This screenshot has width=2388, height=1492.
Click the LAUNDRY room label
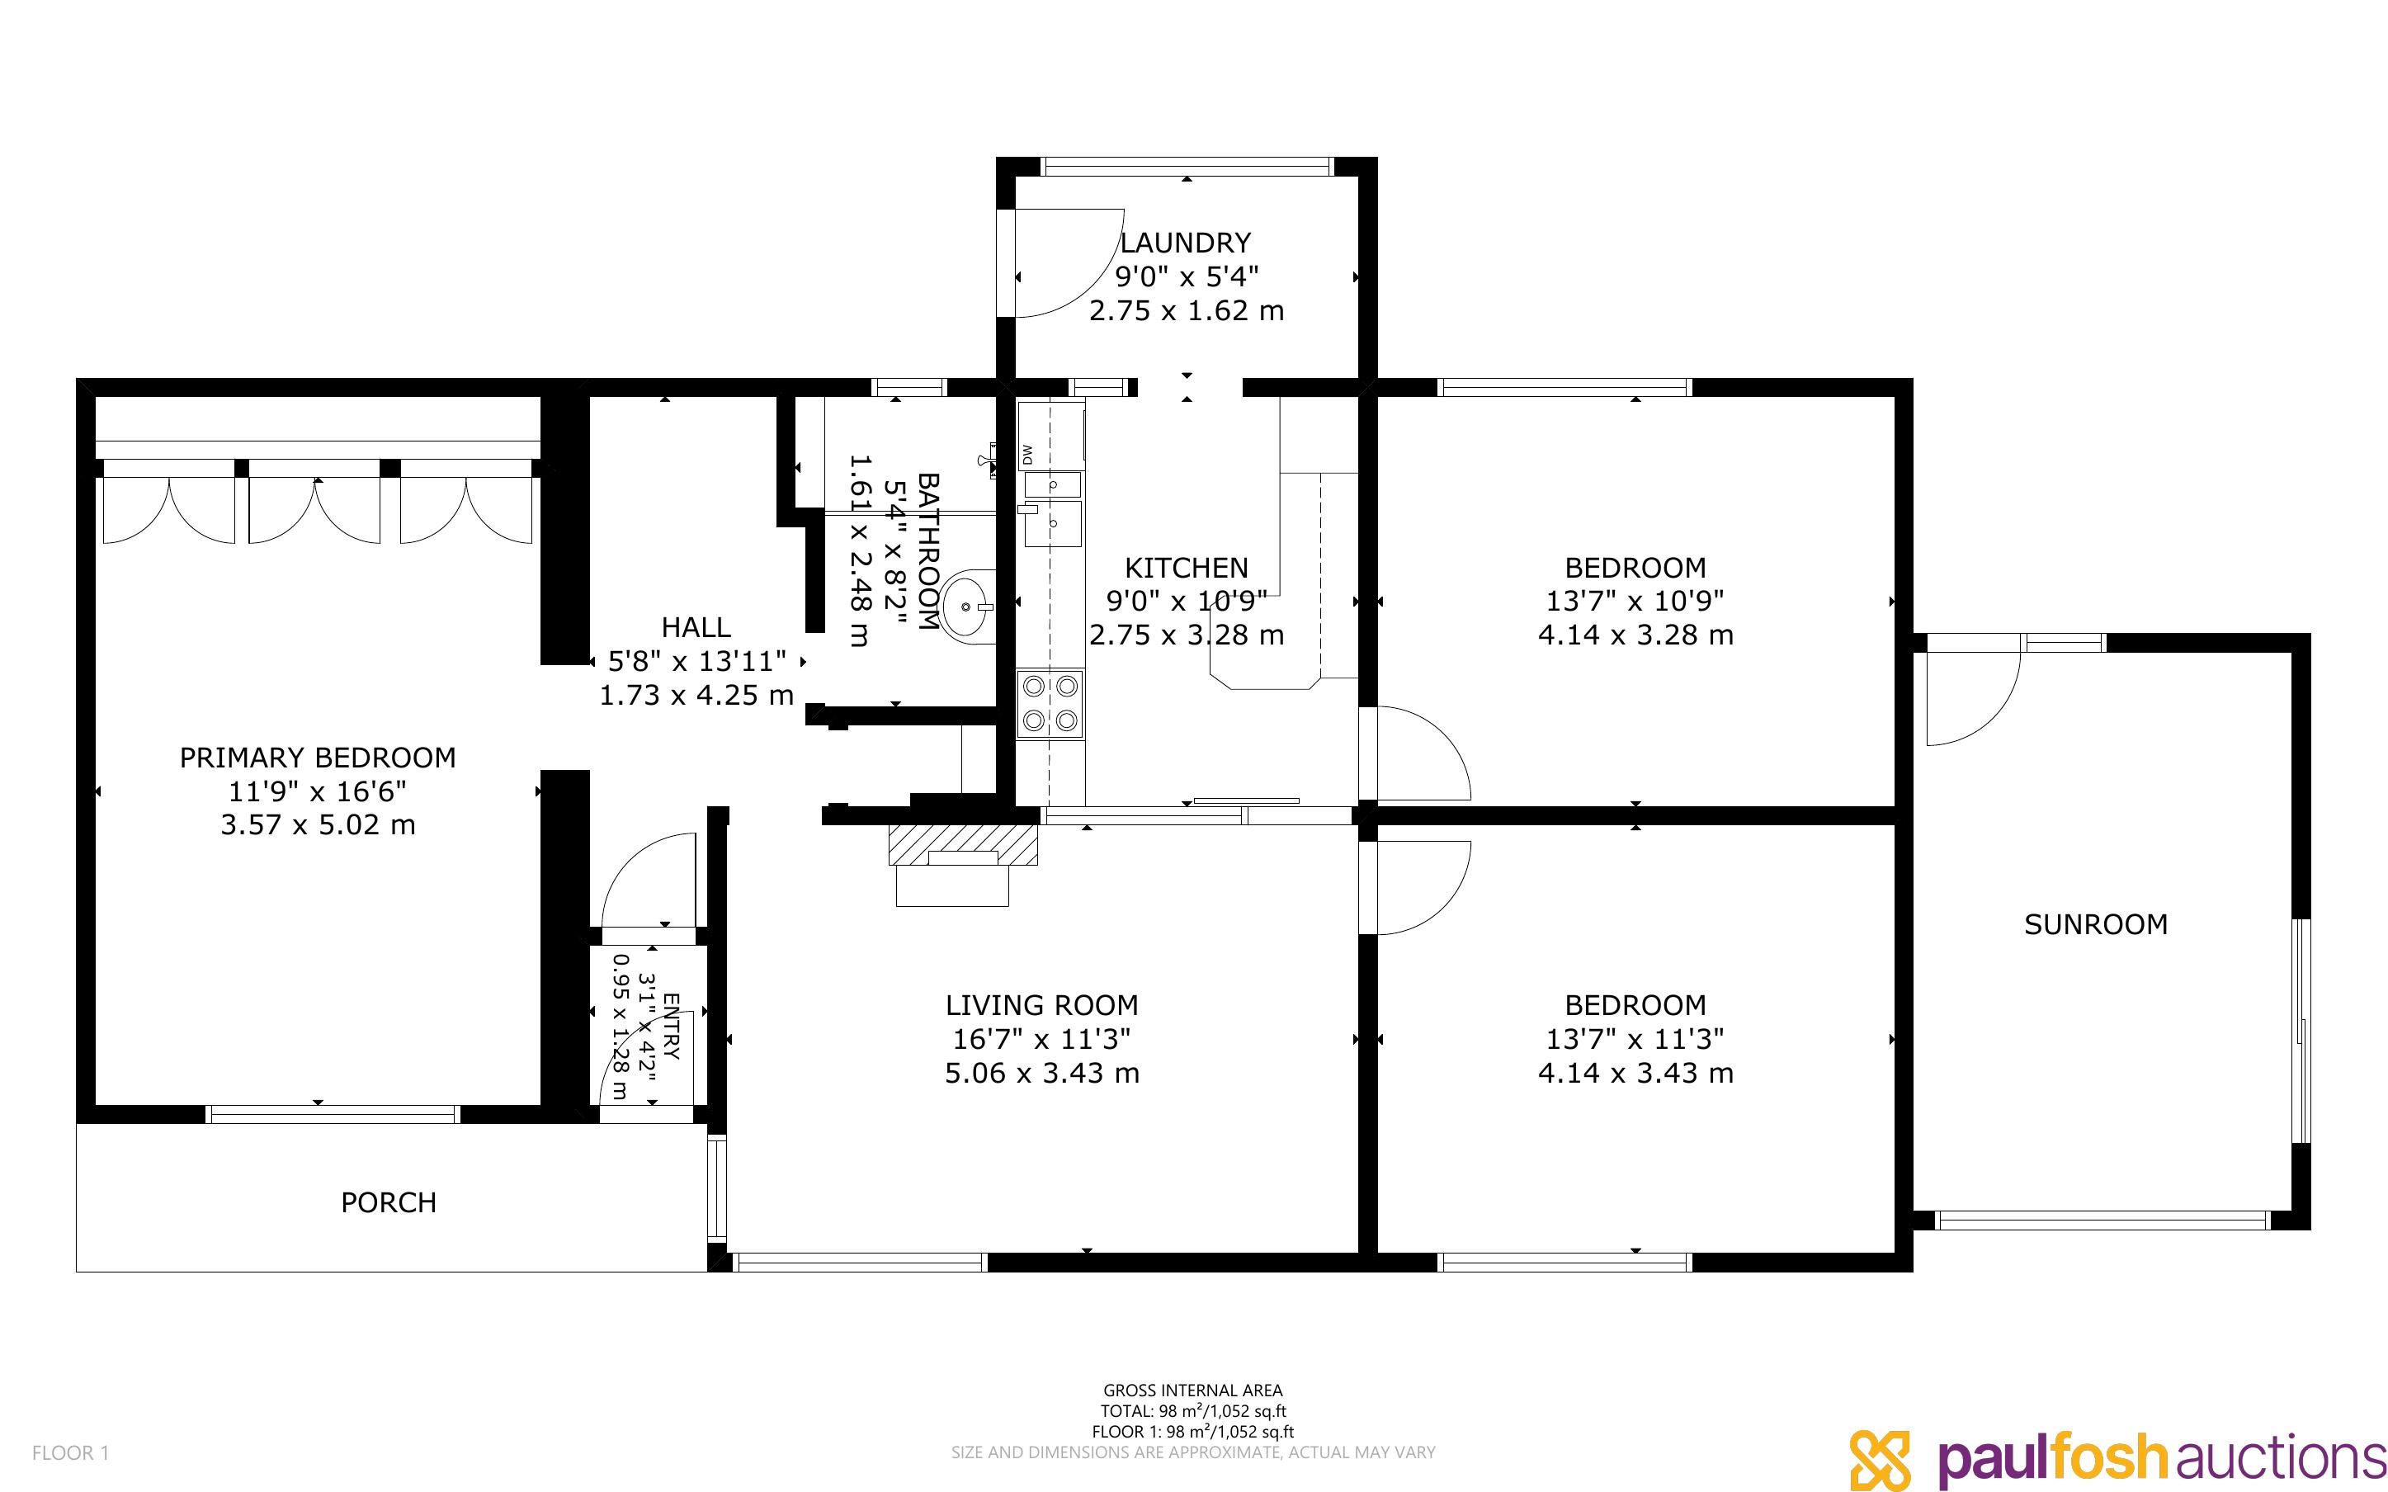[1186, 243]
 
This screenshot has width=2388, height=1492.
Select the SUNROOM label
[2096, 924]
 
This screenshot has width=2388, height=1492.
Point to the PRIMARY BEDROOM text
[318, 758]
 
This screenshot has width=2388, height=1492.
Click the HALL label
[696, 628]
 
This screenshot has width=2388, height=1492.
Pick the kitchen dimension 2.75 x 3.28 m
[1187, 635]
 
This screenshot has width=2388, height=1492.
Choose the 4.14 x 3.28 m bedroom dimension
[1635, 635]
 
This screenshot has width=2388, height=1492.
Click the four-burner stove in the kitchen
[1050, 704]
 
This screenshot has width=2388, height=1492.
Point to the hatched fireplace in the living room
[964, 845]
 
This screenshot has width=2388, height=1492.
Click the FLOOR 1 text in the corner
[71, 1452]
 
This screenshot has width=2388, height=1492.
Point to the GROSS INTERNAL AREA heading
[1192, 1391]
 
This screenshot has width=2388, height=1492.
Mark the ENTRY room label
[671, 1027]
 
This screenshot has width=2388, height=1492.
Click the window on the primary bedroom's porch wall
[333, 1114]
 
